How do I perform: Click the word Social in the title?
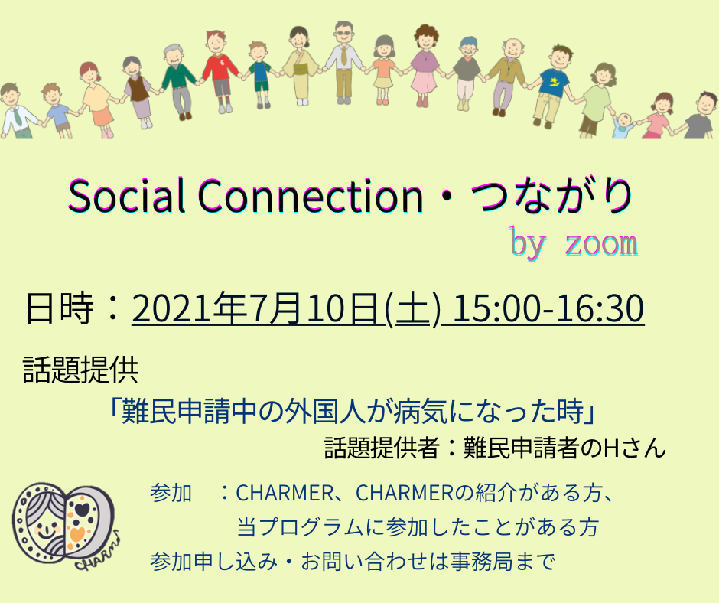[127, 195]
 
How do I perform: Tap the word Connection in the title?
[311, 195]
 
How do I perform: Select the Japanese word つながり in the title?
[551, 196]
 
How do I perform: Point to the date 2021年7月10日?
[256, 308]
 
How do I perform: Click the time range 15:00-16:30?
[548, 308]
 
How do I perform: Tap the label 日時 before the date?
[59, 308]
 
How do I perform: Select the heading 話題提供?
[81, 370]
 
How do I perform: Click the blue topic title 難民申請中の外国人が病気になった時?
[353, 411]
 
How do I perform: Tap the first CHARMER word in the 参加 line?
[285, 494]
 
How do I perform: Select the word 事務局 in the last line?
[481, 561]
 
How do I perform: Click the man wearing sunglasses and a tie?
[343, 63]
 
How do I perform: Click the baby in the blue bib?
[623, 125]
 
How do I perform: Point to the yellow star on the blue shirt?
[555, 82]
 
